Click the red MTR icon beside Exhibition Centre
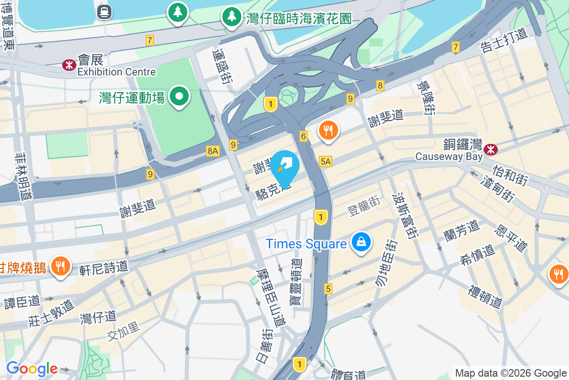[69, 66]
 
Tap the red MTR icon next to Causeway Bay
[491, 149]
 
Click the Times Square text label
[306, 244]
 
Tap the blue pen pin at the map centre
[284, 167]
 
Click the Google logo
[32, 369]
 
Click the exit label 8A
[212, 151]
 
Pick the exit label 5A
[326, 161]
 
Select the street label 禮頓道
[485, 295]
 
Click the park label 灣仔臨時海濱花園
[299, 19]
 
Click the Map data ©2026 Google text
[511, 373]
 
